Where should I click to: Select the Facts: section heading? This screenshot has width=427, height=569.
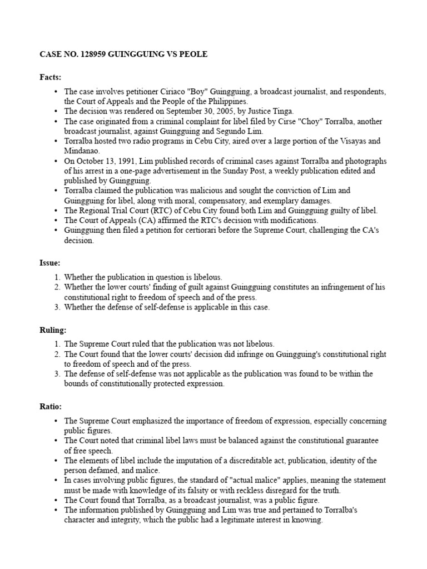pos(50,77)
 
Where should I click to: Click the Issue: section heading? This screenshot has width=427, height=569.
pos(50,262)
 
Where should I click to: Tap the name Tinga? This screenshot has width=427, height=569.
pos(281,111)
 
